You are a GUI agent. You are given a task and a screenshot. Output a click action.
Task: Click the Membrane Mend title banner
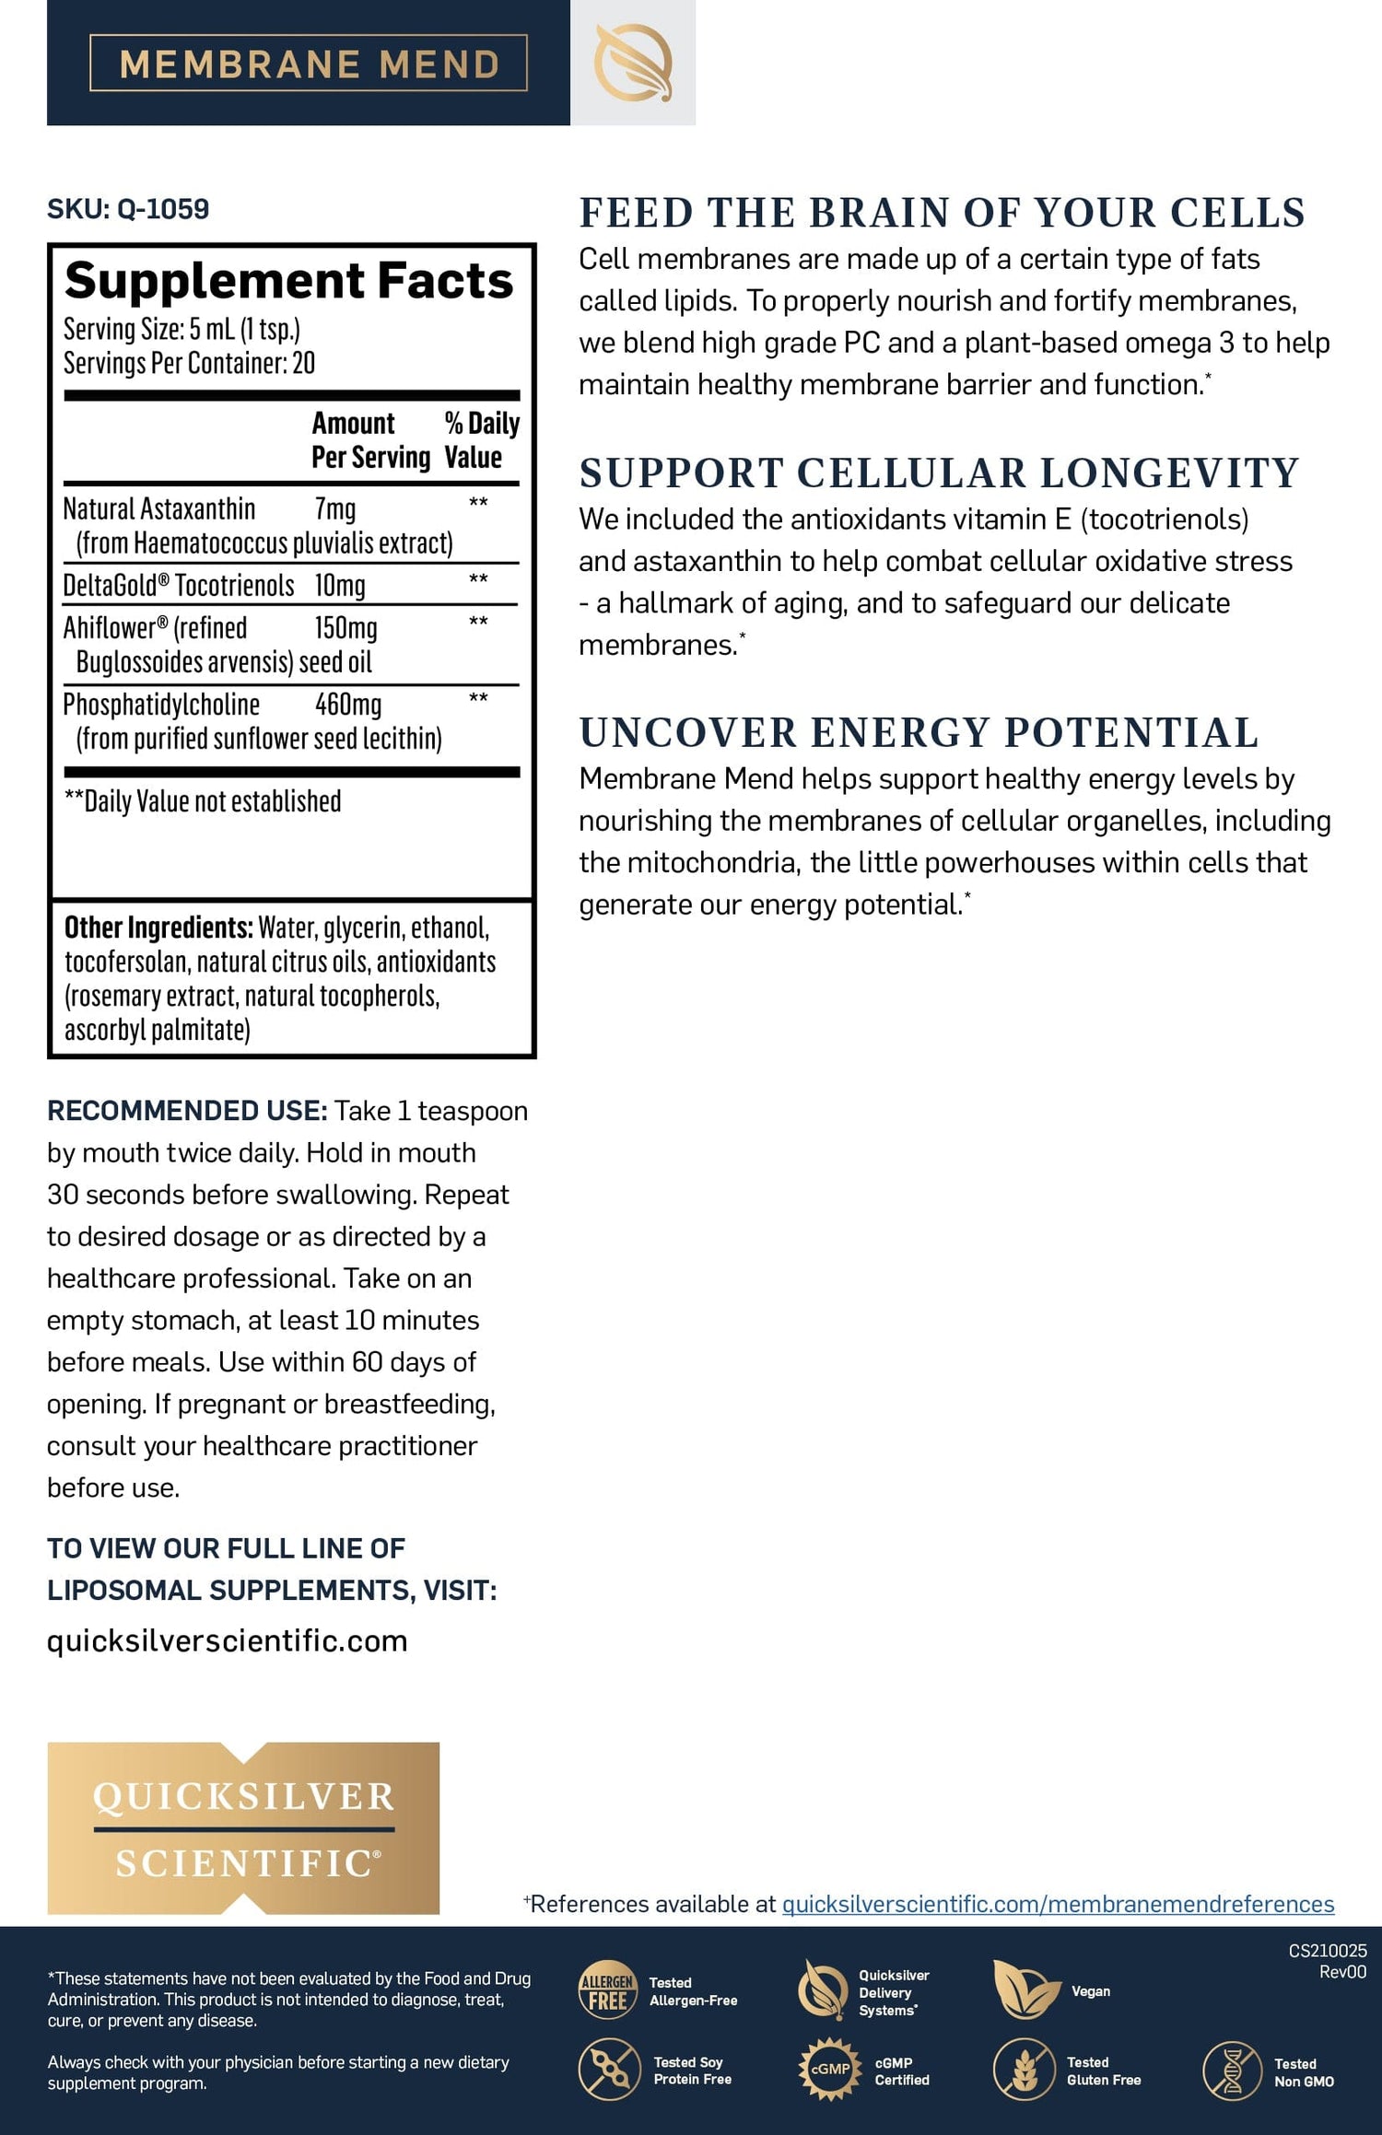309,64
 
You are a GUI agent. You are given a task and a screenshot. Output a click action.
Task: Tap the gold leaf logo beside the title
633,63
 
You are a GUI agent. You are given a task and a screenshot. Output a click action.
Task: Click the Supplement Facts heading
288,280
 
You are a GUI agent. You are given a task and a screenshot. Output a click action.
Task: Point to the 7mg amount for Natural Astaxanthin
335,509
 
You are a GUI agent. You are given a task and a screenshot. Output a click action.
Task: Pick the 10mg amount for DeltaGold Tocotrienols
340,586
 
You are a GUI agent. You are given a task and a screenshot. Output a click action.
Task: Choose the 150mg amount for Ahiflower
345,628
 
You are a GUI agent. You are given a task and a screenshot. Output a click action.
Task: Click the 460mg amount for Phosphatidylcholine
348,705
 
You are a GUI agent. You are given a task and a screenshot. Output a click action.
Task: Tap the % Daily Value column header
481,440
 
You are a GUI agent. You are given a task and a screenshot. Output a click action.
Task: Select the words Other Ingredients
158,927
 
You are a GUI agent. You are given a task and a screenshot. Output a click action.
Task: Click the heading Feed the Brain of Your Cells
942,213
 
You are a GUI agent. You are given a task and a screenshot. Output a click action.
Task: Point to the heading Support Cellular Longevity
939,473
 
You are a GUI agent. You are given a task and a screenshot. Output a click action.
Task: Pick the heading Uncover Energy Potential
919,733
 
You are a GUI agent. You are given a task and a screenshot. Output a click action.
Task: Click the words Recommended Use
187,1111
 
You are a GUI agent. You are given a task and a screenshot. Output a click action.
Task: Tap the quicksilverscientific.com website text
227,1640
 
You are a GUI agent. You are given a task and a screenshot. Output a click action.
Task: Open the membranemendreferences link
1058,1904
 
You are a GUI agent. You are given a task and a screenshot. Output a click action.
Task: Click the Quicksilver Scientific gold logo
243,1828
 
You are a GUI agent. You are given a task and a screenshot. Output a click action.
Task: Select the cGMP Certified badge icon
829,2069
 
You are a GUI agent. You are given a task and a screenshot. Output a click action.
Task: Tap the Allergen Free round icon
608,1990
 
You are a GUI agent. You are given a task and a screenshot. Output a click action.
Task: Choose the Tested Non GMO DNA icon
1232,2071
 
